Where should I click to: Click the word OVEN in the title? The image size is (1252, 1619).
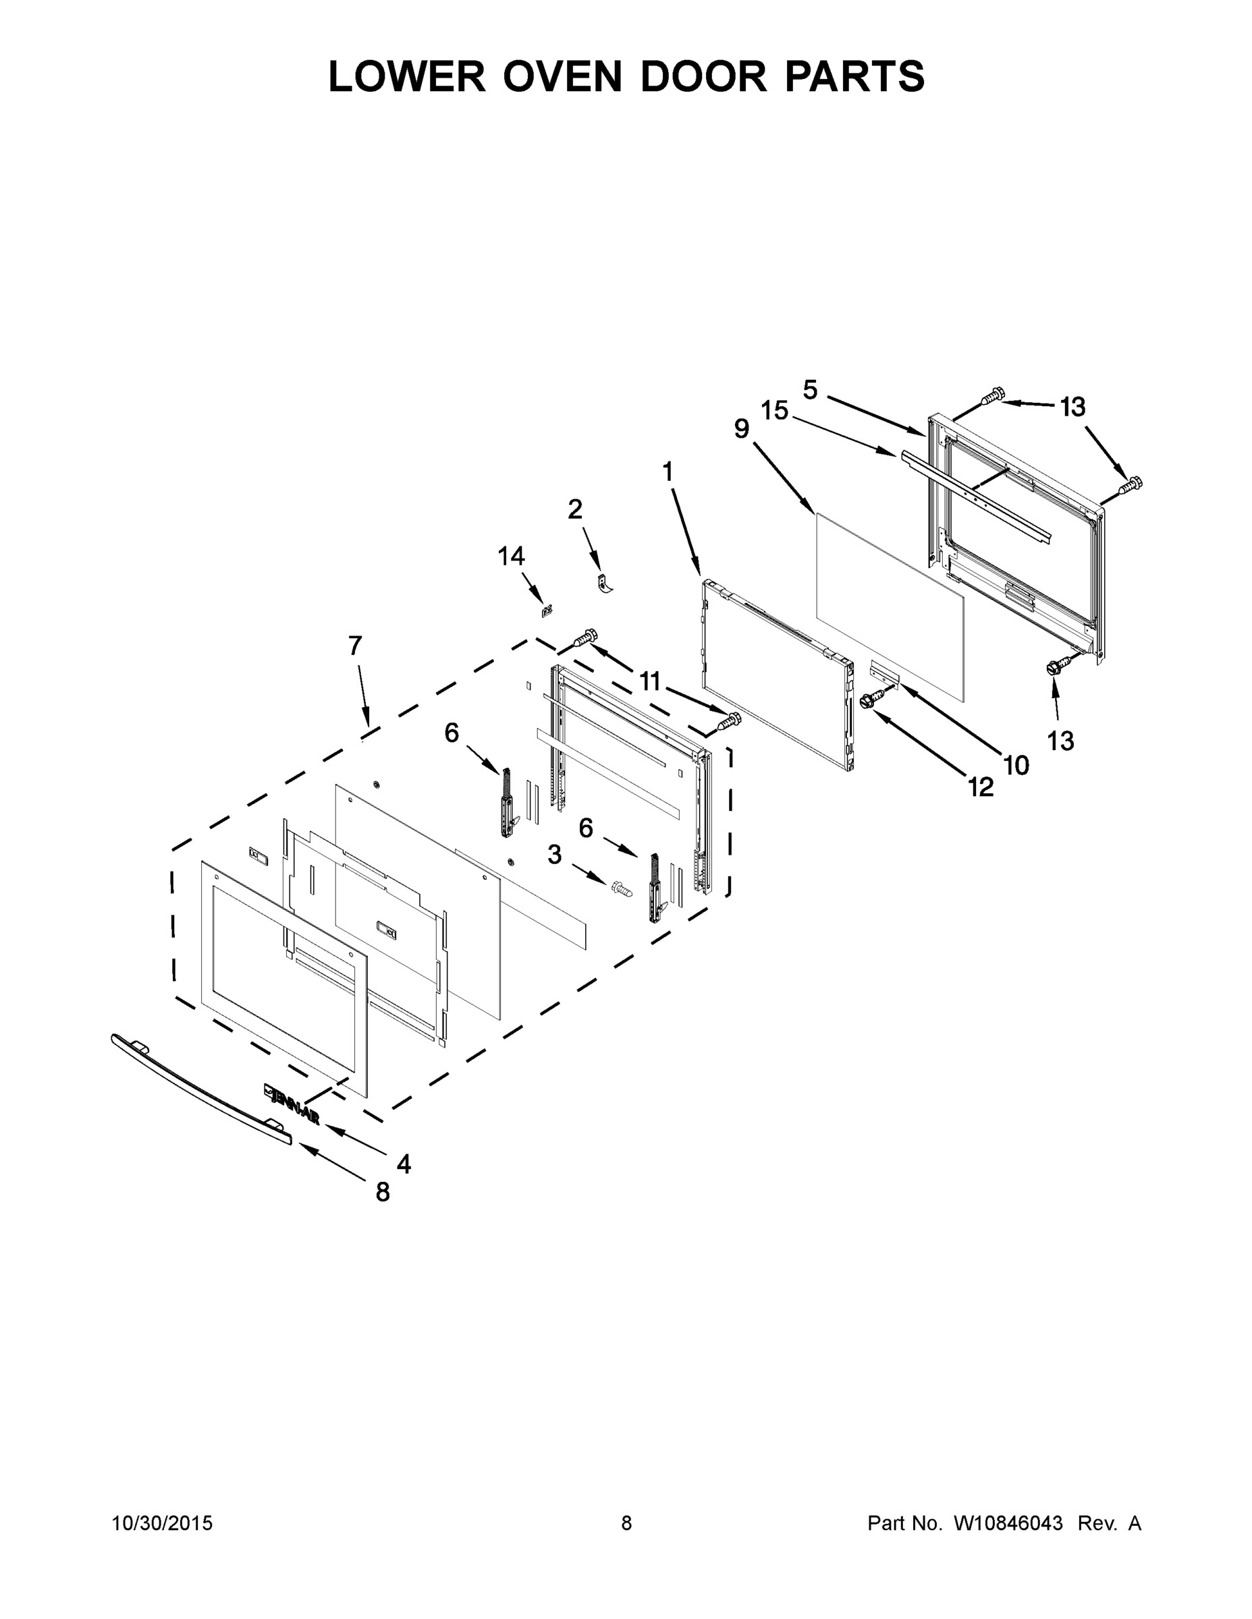[562, 76]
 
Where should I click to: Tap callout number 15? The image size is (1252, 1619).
[774, 411]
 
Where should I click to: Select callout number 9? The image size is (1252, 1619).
[742, 428]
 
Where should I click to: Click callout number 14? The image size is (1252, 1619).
[511, 555]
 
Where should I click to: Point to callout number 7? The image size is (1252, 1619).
[355, 646]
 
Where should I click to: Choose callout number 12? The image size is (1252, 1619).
[981, 787]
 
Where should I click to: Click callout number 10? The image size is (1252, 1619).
[1016, 765]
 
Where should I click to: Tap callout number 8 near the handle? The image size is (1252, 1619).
[383, 1192]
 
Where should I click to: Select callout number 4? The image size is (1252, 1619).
[404, 1164]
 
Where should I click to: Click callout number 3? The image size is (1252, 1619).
[555, 855]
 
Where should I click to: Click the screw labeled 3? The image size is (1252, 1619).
[621, 888]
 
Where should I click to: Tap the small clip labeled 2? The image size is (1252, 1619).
[605, 584]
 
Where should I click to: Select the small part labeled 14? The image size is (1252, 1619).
[547, 610]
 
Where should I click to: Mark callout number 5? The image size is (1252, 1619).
[810, 389]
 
